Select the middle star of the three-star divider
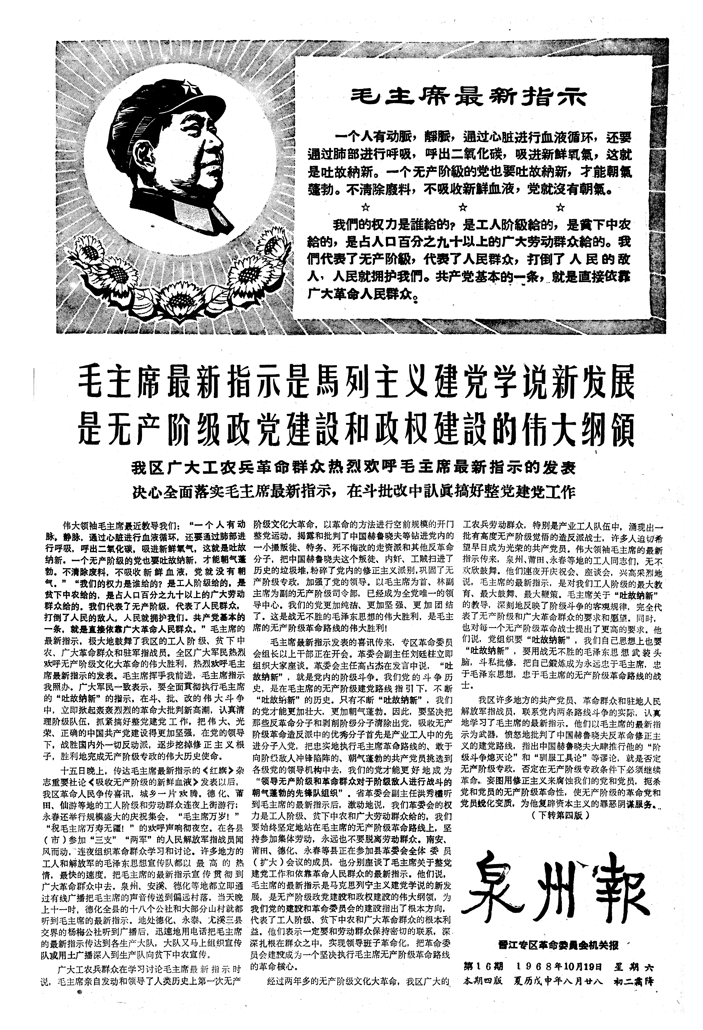463,206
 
